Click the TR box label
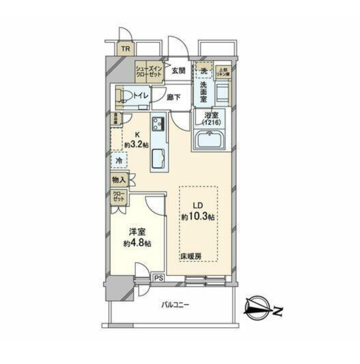pyautogui.click(x=126, y=49)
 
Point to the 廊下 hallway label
pyautogui.click(x=174, y=97)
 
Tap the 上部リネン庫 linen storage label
pyautogui.click(x=223, y=72)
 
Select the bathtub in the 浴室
pyautogui.click(x=211, y=139)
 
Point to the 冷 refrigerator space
pyautogui.click(x=119, y=161)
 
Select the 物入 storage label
pyautogui.click(x=119, y=180)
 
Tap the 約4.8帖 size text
pyautogui.click(x=137, y=243)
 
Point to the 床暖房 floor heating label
pyautogui.click(x=191, y=257)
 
